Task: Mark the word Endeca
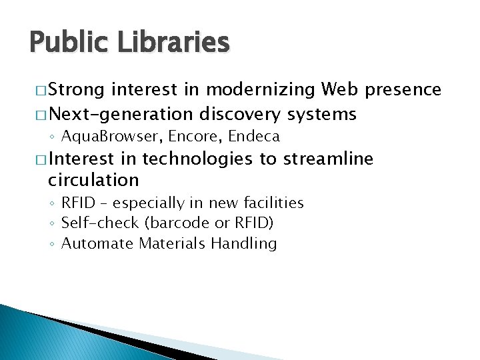(x=253, y=137)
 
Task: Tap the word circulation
(x=93, y=180)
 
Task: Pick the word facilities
(x=274, y=203)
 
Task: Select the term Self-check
(x=93, y=223)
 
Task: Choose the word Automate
(x=97, y=243)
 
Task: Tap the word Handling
(x=243, y=243)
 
